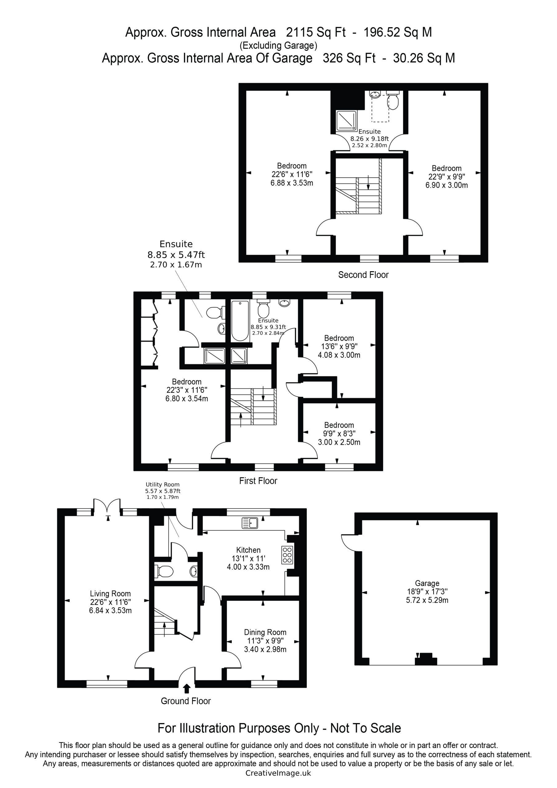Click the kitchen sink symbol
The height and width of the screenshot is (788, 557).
tap(250, 523)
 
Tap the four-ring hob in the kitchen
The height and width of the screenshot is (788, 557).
tap(287, 555)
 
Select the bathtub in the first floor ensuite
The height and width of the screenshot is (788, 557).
tap(240, 321)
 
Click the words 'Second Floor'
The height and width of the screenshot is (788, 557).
tap(363, 275)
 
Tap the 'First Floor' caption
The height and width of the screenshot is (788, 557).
tap(258, 481)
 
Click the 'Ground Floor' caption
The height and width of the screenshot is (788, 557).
tap(186, 701)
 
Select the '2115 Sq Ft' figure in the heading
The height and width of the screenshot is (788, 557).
tap(316, 32)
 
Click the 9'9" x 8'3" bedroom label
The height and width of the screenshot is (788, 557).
tap(339, 433)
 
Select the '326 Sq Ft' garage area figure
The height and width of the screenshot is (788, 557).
tap(349, 58)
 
